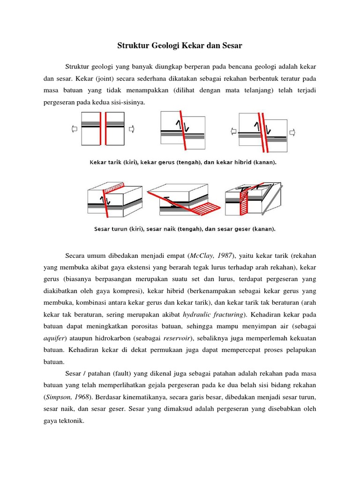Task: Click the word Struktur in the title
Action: coord(130,46)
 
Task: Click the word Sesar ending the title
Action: coord(232,46)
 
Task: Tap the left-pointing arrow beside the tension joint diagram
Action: coord(74,128)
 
